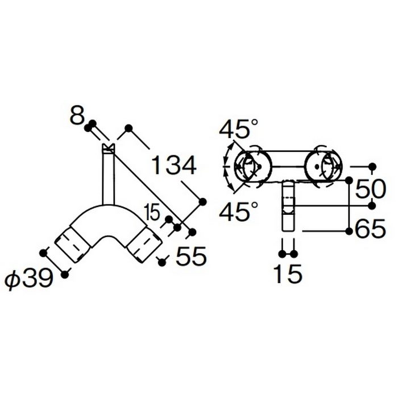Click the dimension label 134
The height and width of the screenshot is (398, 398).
coord(173,165)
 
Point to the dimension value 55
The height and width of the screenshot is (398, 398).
coord(192,256)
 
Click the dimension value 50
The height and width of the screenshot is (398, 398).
coord(370,189)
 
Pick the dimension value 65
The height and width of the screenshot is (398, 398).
coord(370,228)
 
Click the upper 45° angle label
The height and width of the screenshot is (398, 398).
coord(239,128)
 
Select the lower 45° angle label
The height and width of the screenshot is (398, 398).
coord(239,211)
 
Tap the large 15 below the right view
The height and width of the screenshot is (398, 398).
coord(288,273)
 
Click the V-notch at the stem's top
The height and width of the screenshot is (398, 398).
coord(109,148)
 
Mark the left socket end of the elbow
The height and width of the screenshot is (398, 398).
coord(73,244)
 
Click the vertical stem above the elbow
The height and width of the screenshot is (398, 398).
coord(109,177)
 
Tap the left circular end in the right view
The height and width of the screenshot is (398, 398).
coord(253,166)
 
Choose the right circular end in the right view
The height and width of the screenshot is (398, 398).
coord(324,166)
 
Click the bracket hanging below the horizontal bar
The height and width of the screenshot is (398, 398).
coord(288,205)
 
